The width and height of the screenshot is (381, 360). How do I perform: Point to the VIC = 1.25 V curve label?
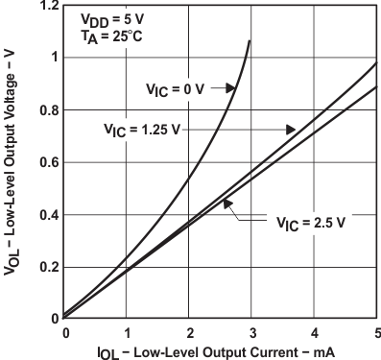(x=140, y=128)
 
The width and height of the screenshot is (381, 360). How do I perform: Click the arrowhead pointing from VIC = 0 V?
(x=234, y=88)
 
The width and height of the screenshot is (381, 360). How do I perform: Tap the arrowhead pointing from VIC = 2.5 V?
(x=226, y=204)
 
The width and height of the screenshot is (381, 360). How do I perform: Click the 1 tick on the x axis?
(x=126, y=333)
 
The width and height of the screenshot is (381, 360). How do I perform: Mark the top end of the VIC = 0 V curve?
(x=250, y=41)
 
